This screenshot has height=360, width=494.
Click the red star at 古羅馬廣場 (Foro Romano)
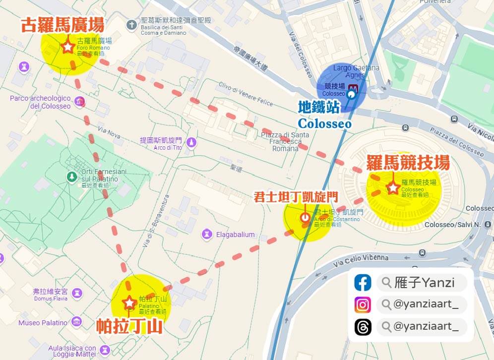67,47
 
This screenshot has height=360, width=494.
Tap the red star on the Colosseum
393,188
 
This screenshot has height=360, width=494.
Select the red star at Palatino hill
129,302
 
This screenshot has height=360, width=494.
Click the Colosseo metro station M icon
353,91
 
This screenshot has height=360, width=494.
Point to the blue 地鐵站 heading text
318,107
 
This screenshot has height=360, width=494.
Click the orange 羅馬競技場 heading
408,162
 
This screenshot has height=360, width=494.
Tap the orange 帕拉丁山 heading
129,325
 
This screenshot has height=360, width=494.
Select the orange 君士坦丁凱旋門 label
296,197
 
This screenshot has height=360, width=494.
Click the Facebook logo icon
363,283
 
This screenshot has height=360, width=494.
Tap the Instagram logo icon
363,304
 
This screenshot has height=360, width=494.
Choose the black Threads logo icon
363,326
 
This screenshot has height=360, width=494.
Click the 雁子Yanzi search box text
425,283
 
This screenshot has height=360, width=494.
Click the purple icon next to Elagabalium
206,234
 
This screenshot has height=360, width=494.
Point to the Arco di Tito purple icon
191,143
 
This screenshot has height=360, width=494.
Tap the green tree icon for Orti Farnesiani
72,177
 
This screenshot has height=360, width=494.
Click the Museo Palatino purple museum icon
77,322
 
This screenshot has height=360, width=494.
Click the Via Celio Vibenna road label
361,257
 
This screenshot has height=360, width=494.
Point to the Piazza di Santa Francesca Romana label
285,141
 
